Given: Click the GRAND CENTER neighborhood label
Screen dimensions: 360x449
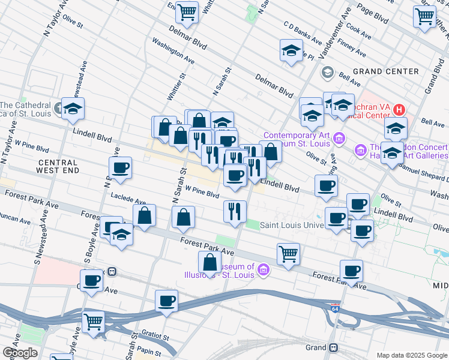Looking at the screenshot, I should [385, 71].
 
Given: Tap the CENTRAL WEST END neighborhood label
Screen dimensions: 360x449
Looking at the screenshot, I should [58, 167].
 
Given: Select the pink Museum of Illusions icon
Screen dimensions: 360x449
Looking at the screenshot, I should [262, 272].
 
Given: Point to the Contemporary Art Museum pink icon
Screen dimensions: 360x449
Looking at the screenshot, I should [339, 139].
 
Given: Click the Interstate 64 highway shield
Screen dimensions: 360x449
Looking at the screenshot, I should [334, 307].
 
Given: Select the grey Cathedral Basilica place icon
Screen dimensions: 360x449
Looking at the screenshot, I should [58, 109].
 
